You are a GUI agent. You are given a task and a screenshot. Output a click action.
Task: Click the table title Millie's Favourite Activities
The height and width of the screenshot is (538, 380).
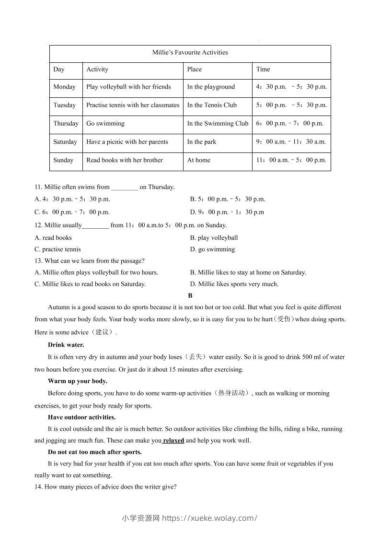pos(190,52)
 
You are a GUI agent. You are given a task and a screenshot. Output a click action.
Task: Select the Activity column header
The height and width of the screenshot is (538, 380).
pos(97,69)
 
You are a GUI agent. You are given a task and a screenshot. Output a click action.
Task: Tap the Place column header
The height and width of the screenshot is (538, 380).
pos(195,69)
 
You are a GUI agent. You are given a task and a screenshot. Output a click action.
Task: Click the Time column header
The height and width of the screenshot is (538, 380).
pos(263,69)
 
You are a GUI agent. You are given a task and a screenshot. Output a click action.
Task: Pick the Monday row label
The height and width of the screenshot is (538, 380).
pos(64,87)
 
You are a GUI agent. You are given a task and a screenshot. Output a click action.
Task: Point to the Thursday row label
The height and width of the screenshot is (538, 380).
pos(66,123)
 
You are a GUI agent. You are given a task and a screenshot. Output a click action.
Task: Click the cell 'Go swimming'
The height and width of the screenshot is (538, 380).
pos(105,123)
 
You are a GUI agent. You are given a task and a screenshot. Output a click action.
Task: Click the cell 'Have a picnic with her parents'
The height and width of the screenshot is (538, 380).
pos(127,142)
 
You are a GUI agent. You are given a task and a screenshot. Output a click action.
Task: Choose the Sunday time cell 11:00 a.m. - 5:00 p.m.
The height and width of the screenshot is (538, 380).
pos(291,160)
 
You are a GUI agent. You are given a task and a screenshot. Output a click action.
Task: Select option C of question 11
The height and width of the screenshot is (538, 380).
pos(72,212)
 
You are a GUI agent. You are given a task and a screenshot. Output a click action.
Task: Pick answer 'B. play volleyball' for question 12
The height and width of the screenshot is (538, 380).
pos(214,237)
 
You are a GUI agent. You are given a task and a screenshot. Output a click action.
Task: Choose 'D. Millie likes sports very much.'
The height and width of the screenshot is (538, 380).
pos(234,284)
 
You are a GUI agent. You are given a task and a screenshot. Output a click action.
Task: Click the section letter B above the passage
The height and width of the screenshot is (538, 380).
pos(190,296)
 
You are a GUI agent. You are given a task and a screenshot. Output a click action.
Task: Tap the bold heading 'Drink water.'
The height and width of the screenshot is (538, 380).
pos(66,345)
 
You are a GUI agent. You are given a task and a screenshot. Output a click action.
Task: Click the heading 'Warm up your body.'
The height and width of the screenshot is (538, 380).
pos(78,381)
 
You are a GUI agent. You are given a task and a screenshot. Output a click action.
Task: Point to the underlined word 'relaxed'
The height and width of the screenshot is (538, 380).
pos(173,440)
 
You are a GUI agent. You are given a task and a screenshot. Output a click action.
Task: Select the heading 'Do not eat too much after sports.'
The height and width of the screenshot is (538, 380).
pos(95,452)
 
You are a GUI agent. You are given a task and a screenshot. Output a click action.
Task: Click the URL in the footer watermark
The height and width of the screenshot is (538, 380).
pos(210,518)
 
